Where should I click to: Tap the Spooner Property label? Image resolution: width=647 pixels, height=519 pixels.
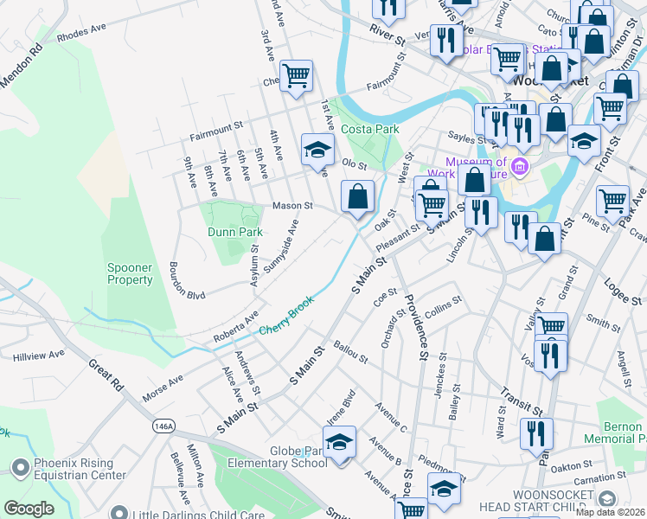point(130,273)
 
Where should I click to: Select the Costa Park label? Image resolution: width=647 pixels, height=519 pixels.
point(369,129)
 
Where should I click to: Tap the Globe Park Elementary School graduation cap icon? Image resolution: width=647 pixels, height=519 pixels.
point(340,443)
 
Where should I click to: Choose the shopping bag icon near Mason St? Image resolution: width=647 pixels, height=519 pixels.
point(357,197)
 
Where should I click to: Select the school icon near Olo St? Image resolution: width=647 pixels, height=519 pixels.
point(317,151)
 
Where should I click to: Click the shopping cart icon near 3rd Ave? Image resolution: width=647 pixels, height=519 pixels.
point(296,76)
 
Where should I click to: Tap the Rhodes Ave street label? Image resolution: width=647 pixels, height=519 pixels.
point(81,35)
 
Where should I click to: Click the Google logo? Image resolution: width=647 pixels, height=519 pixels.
point(29,509)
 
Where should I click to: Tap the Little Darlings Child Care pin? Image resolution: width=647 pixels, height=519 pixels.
point(120,515)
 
